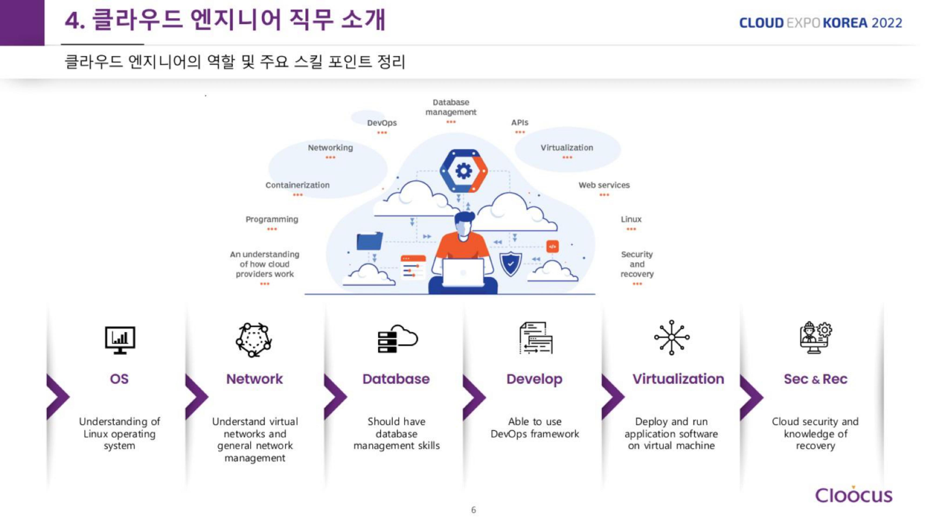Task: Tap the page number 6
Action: click(x=473, y=510)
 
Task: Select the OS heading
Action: click(x=119, y=379)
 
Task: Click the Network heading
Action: click(x=255, y=379)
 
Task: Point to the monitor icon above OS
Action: click(x=120, y=339)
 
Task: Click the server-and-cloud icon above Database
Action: click(x=397, y=339)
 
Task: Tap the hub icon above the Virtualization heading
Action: click(x=671, y=338)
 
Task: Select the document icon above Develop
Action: click(x=536, y=338)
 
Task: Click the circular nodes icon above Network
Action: click(x=254, y=339)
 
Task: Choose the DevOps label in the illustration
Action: click(x=382, y=123)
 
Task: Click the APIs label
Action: click(x=519, y=123)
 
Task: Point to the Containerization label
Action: click(x=298, y=185)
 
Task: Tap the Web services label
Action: click(x=604, y=185)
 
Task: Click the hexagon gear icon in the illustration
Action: click(x=464, y=171)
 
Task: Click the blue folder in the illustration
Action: click(x=369, y=241)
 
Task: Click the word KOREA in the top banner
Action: click(x=845, y=23)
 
